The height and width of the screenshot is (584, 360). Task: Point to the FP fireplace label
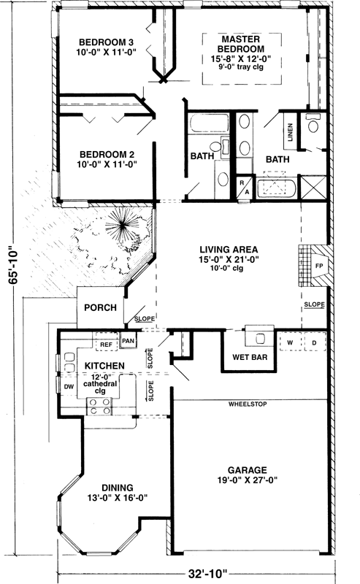coord(318,266)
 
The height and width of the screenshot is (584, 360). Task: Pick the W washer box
coord(290,342)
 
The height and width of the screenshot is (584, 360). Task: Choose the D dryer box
coord(315,342)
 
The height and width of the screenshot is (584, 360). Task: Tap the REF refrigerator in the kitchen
coord(106,342)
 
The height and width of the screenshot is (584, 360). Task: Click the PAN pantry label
coord(129,341)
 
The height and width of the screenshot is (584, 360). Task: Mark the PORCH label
coord(100,307)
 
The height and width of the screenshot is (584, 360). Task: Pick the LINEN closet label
coord(291,133)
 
